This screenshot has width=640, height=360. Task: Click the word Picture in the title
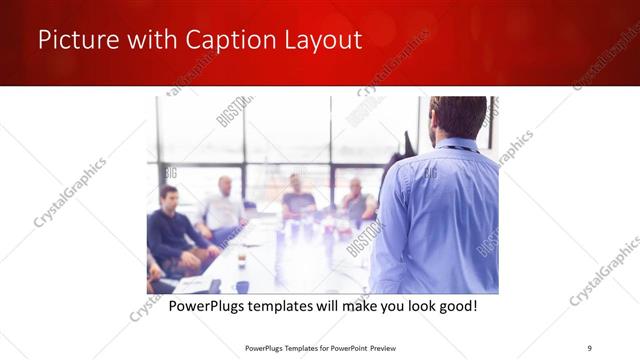click(75, 41)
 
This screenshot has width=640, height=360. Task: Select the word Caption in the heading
click(224, 41)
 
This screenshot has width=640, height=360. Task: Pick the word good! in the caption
click(455, 305)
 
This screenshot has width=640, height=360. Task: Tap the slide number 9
click(589, 347)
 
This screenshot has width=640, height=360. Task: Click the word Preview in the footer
click(389, 347)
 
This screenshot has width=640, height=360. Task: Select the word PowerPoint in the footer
click(344, 347)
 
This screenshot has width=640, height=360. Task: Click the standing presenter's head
click(459, 117)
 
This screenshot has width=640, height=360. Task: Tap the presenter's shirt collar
click(456, 144)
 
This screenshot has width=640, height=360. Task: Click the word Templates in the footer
click(292, 347)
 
